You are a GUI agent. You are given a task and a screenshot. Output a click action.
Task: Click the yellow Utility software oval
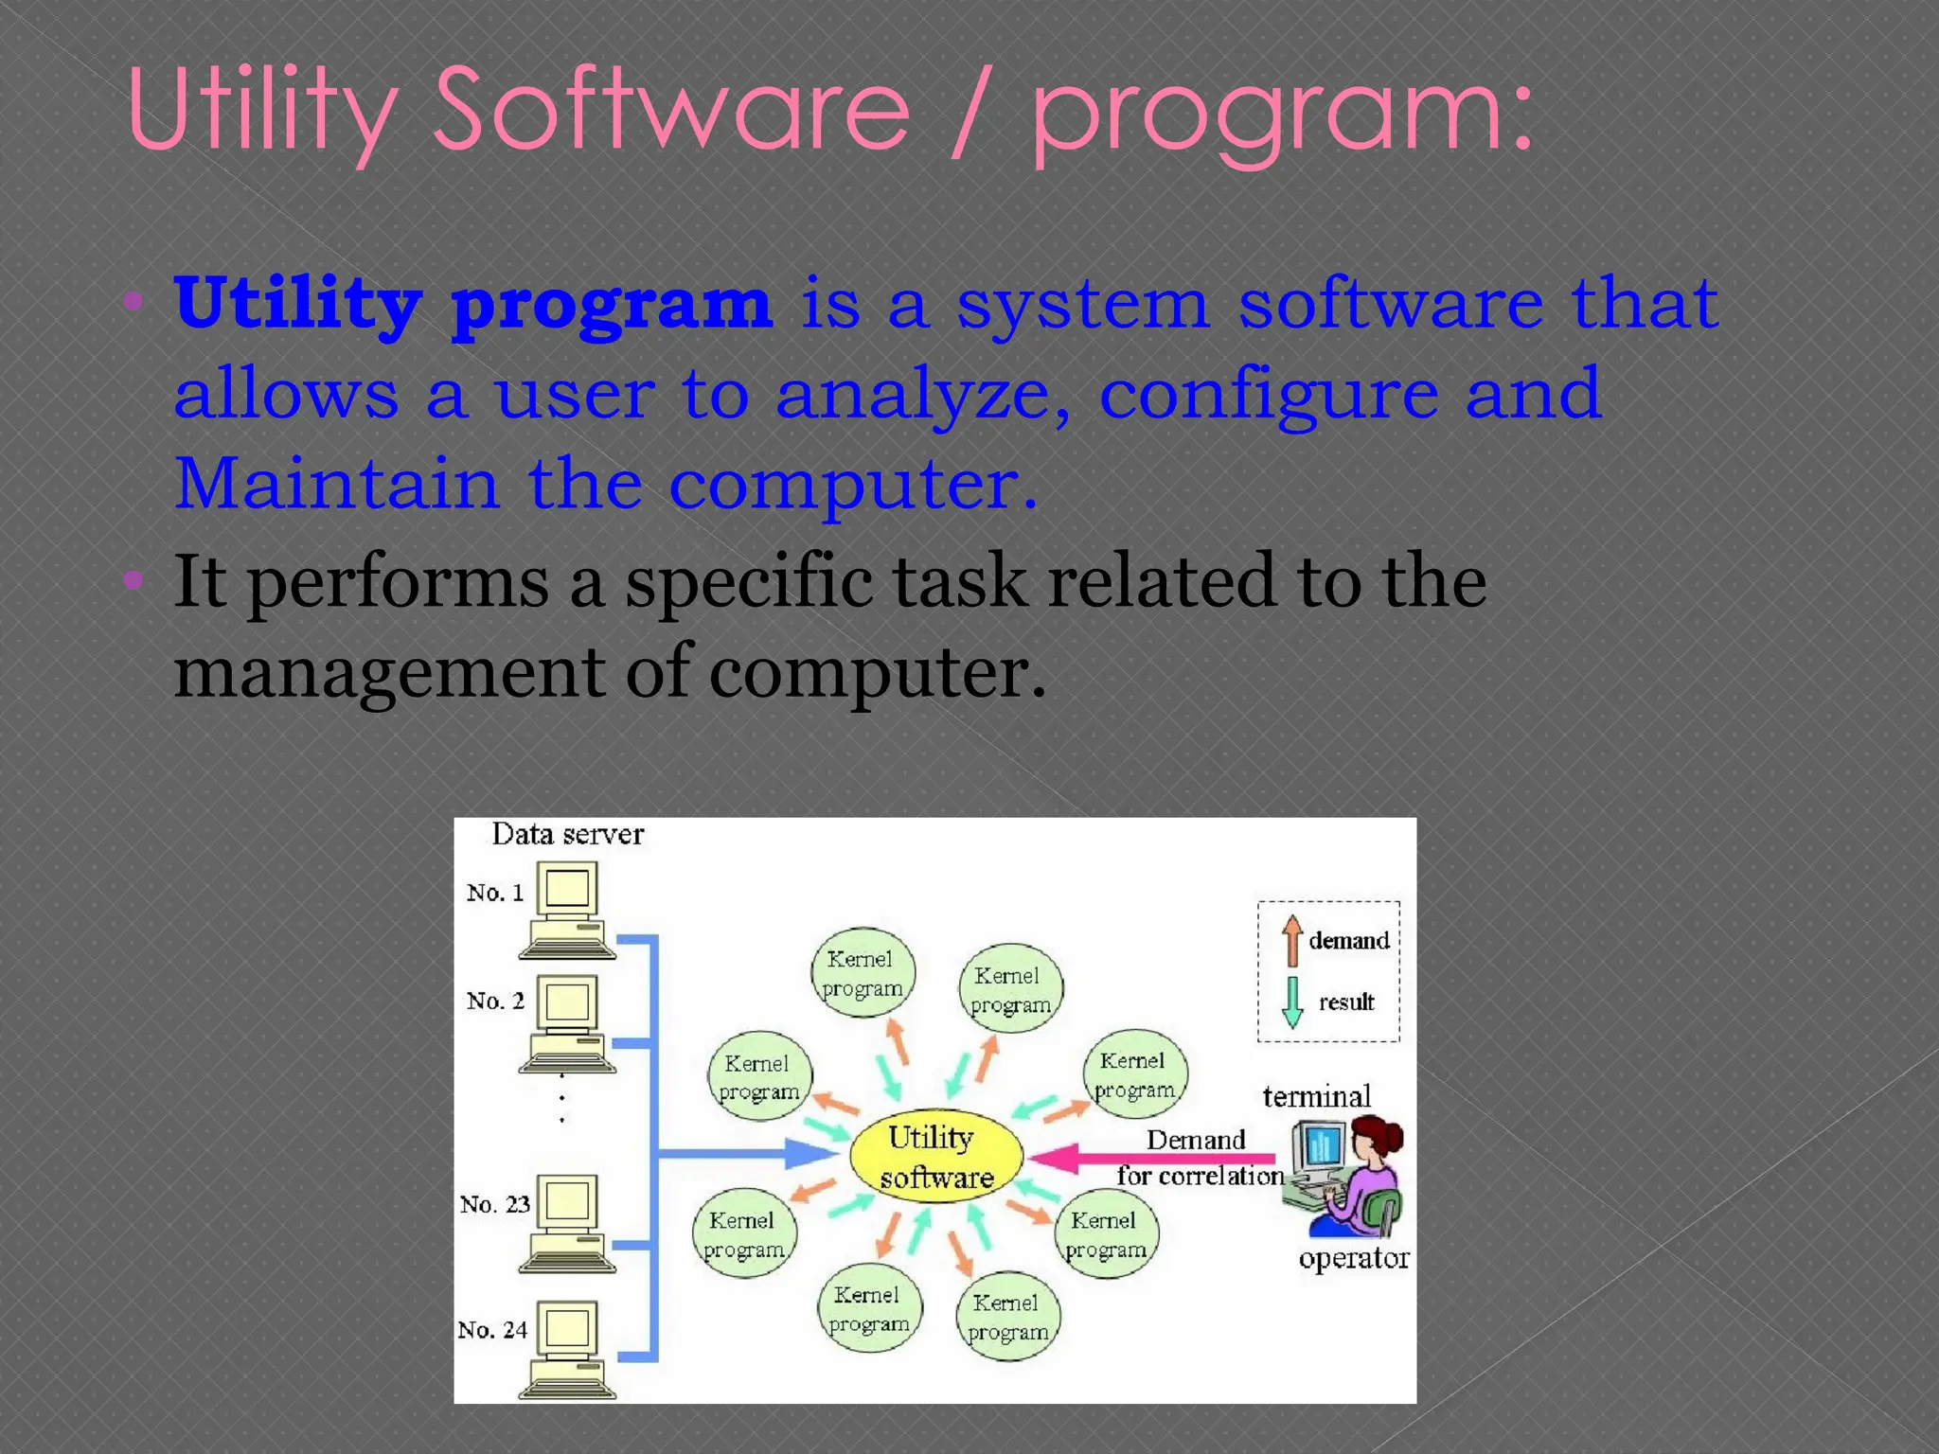(935, 1156)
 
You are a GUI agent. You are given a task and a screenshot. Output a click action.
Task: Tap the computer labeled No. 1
(568, 909)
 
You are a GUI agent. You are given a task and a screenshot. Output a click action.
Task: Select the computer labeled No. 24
(568, 1349)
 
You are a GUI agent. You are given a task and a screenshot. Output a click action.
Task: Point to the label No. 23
(494, 1204)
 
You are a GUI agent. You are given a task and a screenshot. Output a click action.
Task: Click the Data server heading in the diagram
(567, 834)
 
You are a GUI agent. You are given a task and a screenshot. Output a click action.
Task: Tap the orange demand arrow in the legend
(1291, 940)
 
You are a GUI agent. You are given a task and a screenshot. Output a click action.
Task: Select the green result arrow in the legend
(1291, 1002)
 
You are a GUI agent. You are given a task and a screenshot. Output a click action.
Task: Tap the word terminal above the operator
(1316, 1096)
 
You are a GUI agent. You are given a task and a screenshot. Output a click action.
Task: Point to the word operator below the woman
(1354, 1258)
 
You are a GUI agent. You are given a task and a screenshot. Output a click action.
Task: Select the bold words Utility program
(473, 305)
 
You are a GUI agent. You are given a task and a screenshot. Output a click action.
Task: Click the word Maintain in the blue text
(337, 484)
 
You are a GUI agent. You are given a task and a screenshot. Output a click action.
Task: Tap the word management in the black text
(389, 672)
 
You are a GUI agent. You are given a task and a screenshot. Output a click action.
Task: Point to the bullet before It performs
(133, 578)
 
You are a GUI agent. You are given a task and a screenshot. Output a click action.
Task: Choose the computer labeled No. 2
(568, 1022)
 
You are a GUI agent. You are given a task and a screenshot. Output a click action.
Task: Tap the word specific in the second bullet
(748, 581)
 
